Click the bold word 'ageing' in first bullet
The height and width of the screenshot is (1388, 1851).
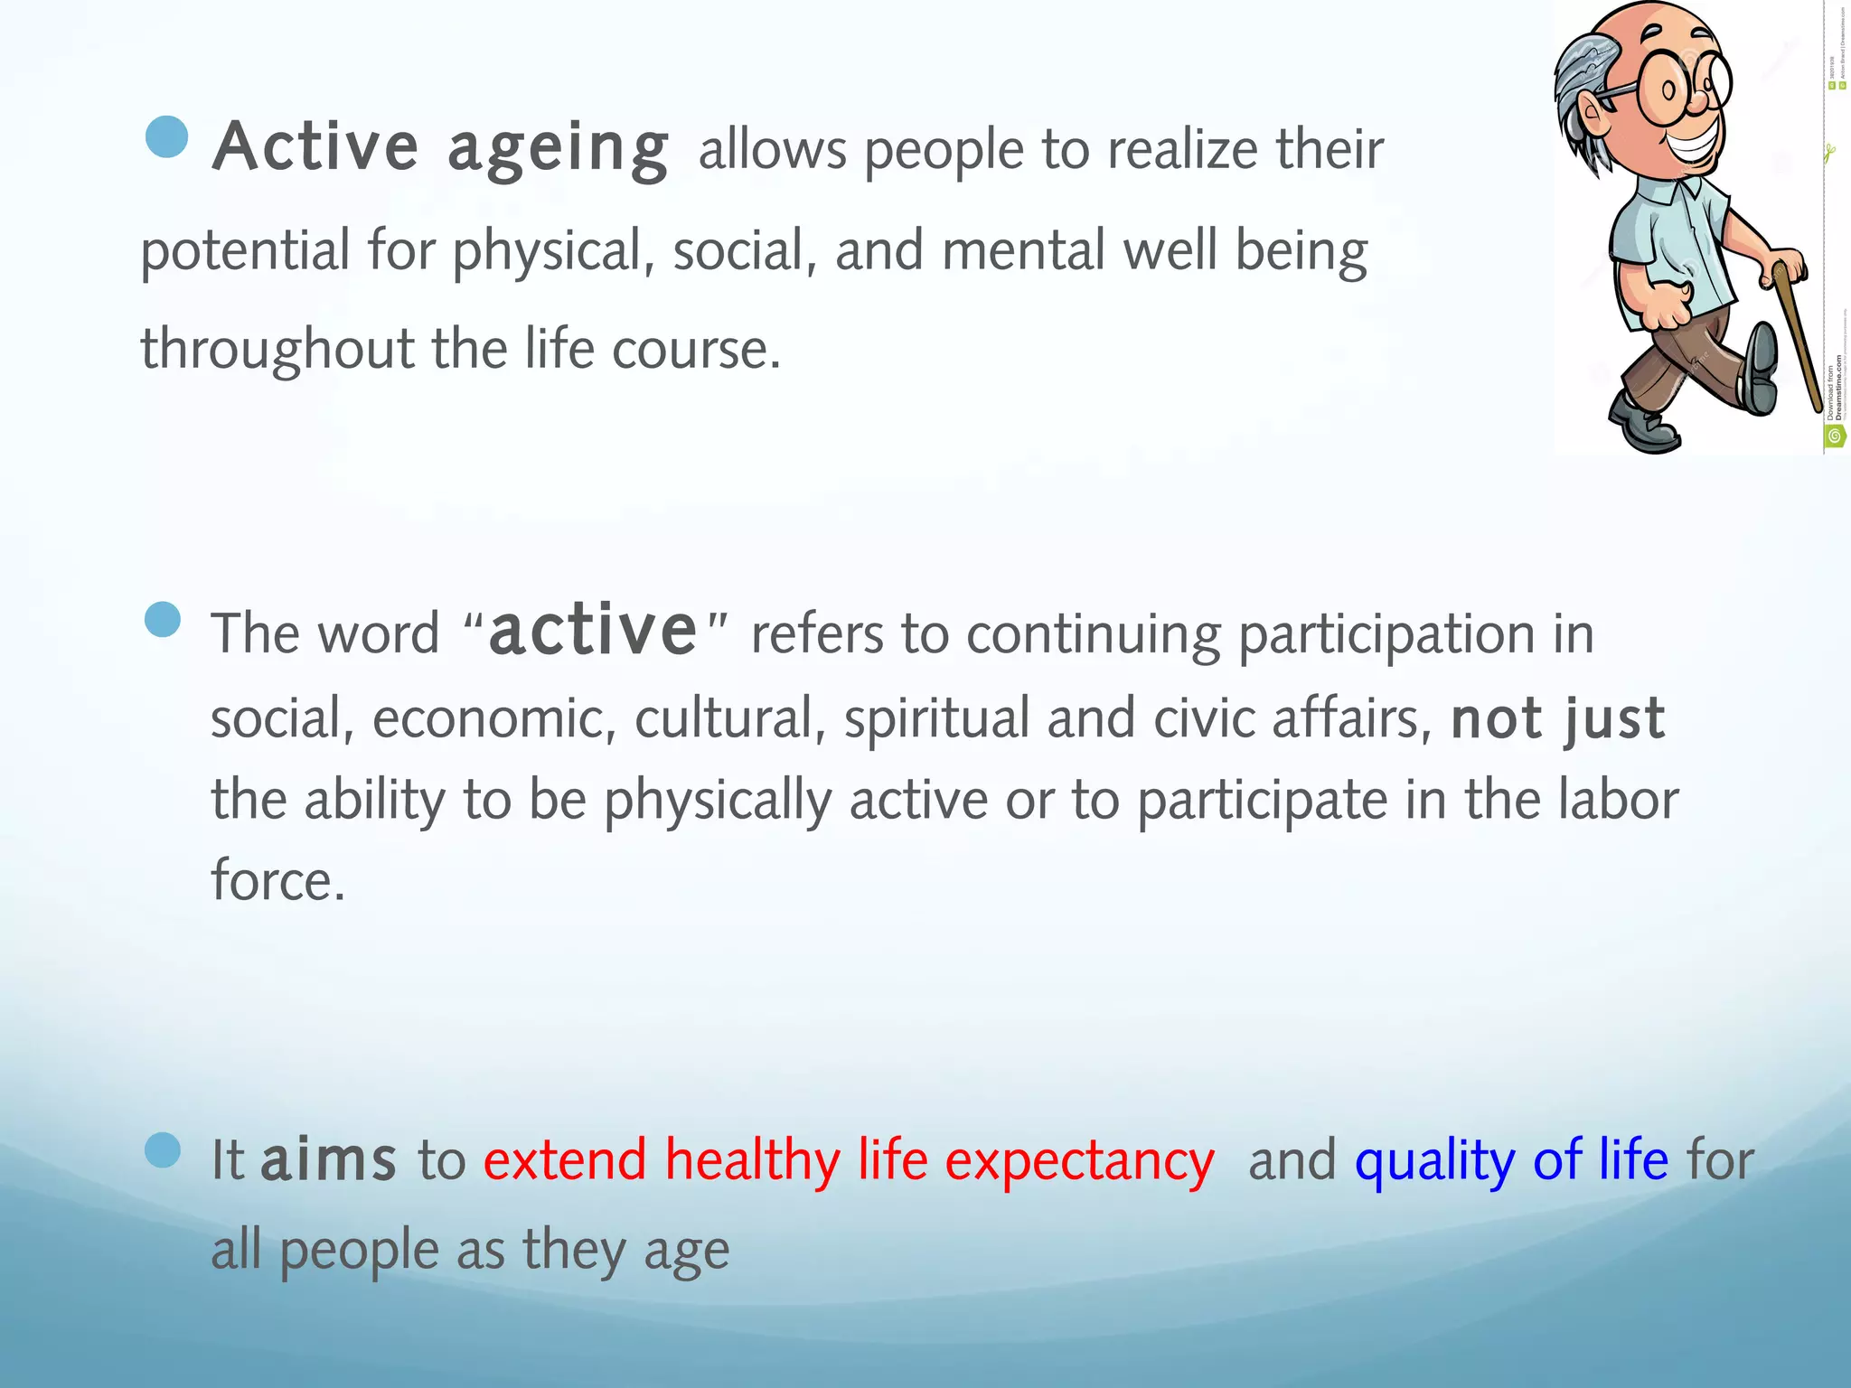click(558, 149)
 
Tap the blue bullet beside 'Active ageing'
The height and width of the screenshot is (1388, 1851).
click(166, 137)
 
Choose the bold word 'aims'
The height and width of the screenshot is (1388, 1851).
click(328, 1159)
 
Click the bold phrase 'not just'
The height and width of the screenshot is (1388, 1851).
click(1557, 719)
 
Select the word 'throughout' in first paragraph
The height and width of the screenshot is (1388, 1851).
click(276, 351)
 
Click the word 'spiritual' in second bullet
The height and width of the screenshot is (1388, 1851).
click(936, 719)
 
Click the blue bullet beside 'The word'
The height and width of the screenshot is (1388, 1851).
click(163, 620)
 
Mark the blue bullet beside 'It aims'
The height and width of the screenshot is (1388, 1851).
click(163, 1150)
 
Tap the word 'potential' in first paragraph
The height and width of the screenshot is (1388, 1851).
click(245, 252)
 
